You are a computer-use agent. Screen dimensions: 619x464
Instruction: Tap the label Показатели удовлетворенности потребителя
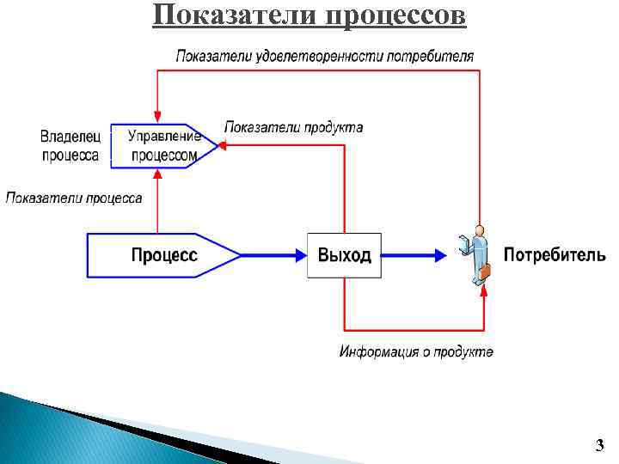point(324,57)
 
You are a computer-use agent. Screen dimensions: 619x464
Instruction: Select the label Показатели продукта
point(293,127)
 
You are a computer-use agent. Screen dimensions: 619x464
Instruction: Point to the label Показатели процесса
point(74,198)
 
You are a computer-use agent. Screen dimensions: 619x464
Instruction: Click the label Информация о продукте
point(416,352)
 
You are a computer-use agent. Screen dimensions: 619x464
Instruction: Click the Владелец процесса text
point(70,146)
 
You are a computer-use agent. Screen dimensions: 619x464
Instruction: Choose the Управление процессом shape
point(163,145)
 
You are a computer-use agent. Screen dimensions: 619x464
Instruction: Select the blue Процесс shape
point(163,254)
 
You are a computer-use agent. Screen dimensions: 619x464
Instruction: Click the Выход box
point(344,254)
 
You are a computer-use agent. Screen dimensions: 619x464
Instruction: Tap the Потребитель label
point(554,254)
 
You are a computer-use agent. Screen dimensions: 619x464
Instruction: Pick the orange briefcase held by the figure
point(484,272)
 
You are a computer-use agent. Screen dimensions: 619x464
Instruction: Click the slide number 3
point(599,444)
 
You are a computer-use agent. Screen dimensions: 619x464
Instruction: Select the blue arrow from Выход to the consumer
point(413,254)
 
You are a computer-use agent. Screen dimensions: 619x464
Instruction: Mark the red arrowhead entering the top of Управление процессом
point(156,116)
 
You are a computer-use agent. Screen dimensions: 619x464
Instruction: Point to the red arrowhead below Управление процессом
point(156,174)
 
